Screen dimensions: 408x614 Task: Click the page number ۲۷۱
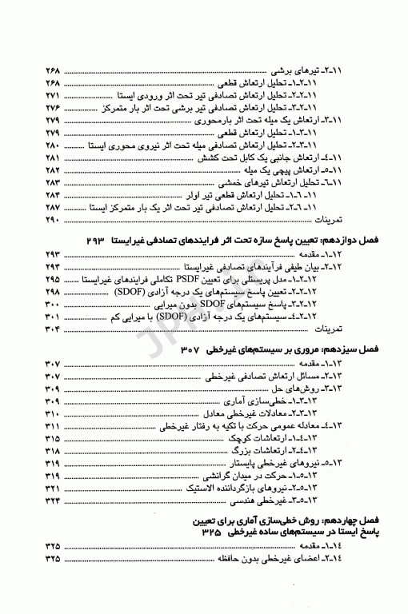pyautogui.click(x=50, y=94)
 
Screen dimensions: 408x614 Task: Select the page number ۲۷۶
pyautogui.click(x=50, y=106)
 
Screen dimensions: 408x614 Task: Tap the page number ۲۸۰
pyautogui.click(x=50, y=145)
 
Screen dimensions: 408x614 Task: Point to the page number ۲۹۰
pyautogui.click(x=50, y=220)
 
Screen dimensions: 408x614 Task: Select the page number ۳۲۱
pyautogui.click(x=50, y=488)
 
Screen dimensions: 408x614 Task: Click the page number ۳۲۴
pyautogui.click(x=50, y=501)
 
